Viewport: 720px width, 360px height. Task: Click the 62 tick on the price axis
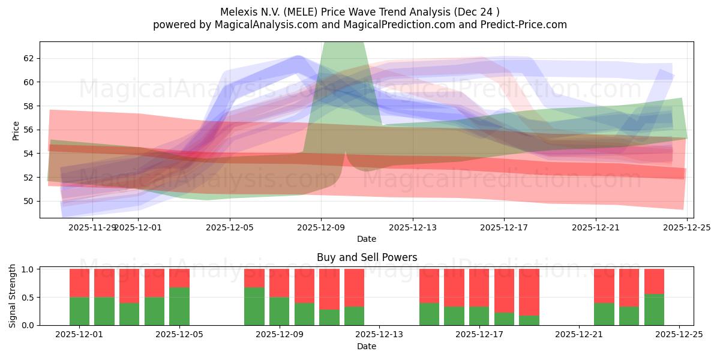point(29,58)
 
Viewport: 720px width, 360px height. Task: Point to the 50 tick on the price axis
point(29,201)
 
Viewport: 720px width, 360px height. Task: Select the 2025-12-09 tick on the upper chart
point(321,227)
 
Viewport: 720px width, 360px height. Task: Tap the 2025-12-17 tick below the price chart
point(504,227)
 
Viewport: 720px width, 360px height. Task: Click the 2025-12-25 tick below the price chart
point(687,227)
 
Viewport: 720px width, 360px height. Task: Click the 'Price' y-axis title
point(16,130)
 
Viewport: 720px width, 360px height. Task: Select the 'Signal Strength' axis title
point(13,296)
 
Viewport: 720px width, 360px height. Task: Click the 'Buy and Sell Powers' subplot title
point(367,257)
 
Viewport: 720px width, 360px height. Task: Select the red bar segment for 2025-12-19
point(529,292)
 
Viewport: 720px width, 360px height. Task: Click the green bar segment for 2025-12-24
point(654,310)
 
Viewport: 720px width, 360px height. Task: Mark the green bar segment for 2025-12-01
point(80,311)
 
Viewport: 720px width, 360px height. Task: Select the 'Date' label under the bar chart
point(367,347)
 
